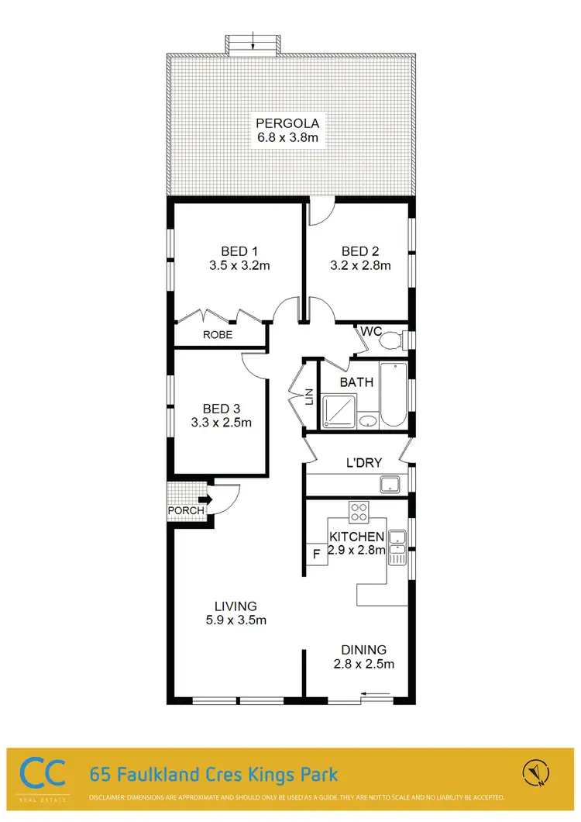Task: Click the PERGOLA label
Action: (288, 123)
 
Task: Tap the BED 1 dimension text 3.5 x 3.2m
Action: (239, 265)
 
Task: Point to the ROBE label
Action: (218, 335)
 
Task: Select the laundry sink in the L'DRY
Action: (389, 485)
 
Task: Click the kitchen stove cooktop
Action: (359, 511)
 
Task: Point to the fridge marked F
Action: (316, 554)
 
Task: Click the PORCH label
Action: (186, 510)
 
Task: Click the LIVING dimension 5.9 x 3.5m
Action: (236, 620)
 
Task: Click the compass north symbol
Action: (535, 772)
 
